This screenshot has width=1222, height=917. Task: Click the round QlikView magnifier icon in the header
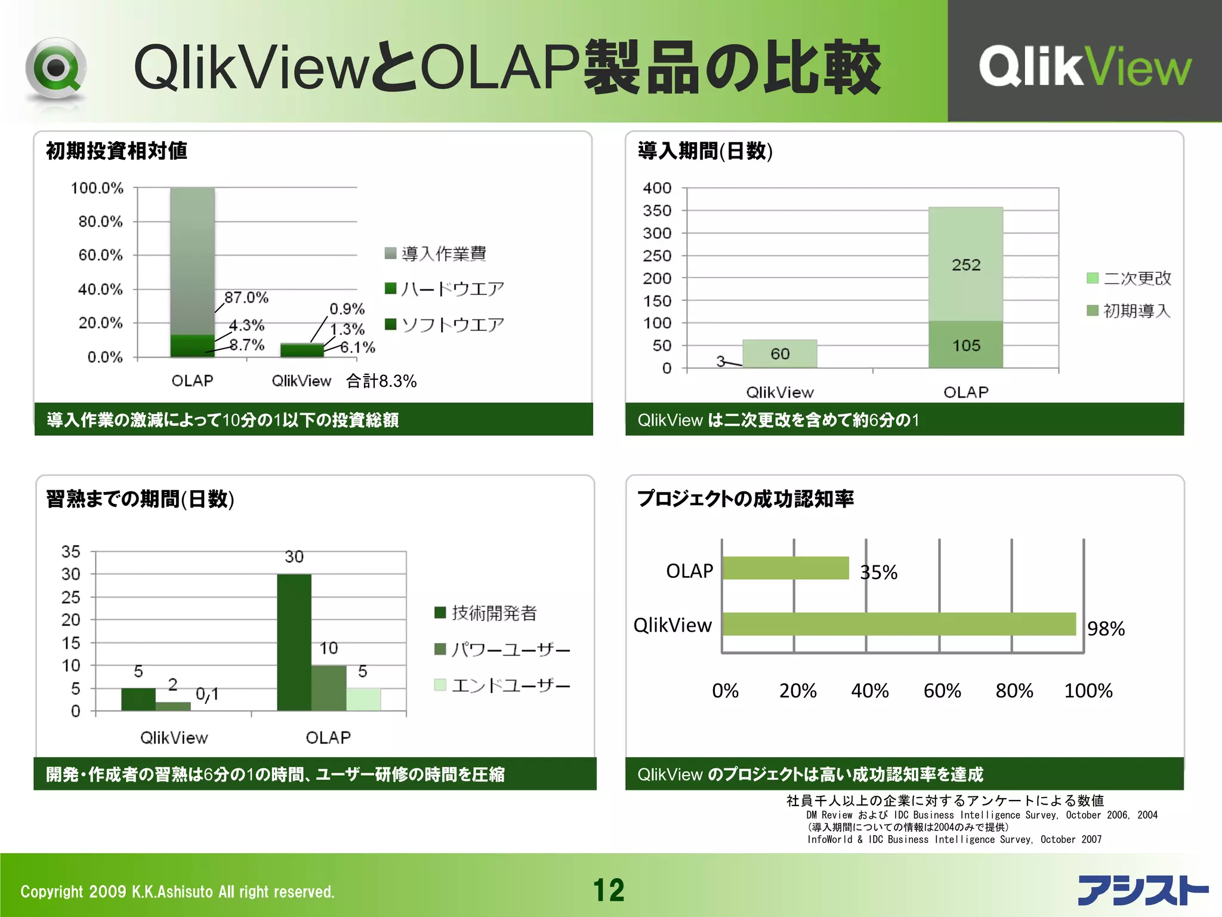56,69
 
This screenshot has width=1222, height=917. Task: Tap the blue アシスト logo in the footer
1143,890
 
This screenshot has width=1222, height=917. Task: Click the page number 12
609,890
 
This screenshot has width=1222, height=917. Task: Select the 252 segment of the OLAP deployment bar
965,264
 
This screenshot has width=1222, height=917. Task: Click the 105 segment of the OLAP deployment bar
965,345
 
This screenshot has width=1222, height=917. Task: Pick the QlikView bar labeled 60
779,354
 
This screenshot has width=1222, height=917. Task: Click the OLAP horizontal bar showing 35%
785,568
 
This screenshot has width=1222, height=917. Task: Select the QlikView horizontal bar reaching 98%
899,624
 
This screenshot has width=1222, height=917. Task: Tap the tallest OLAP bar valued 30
294,642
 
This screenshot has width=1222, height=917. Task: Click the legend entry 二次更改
1130,278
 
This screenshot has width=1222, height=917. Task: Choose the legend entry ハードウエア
445,289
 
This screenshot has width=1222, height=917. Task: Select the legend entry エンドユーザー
502,685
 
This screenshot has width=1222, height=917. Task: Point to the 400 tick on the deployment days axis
657,188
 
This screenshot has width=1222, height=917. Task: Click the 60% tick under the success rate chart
942,691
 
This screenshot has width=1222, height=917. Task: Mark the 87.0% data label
246,297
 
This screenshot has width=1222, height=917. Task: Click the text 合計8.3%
381,381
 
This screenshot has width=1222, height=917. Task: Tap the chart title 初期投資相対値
117,151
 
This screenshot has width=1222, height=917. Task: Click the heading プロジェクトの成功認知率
745,498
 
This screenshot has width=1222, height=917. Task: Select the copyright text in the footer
177,891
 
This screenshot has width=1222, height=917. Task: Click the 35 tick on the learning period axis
70,552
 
